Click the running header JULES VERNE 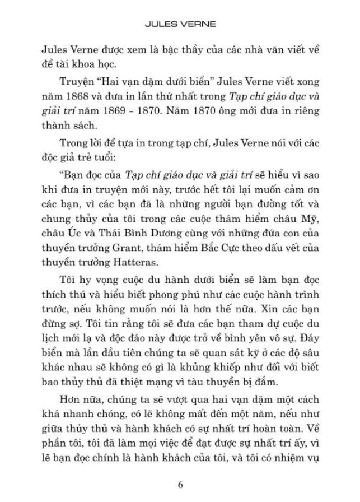pyautogui.click(x=180, y=25)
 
